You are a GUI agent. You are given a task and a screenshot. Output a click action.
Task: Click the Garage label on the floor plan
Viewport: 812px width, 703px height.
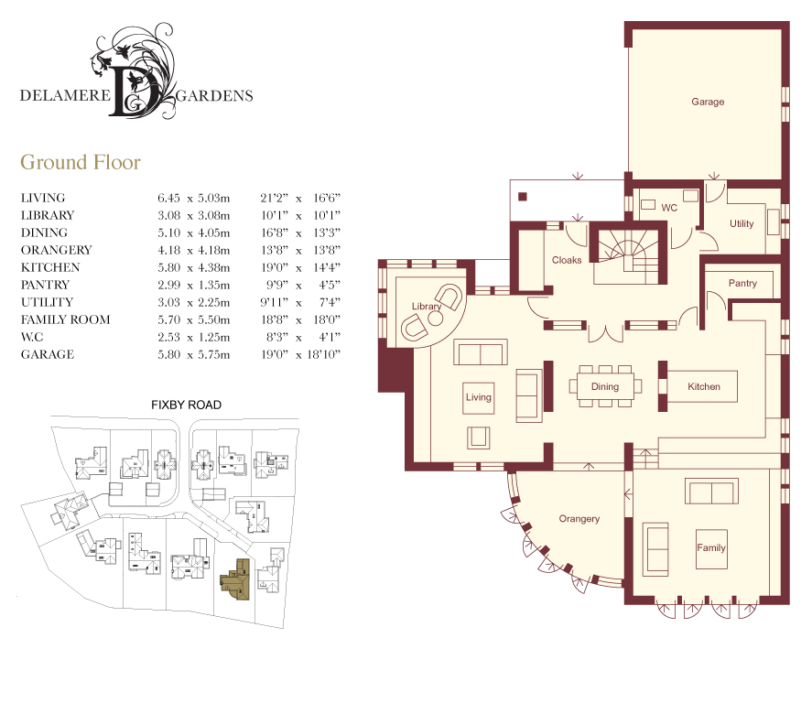[x=708, y=102]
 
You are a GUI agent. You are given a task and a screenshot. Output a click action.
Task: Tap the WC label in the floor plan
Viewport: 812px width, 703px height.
[x=669, y=208]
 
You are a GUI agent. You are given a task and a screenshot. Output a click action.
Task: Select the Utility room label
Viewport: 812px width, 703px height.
[x=742, y=223]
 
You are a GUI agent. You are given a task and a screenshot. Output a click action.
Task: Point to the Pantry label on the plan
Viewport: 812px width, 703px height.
[x=742, y=283]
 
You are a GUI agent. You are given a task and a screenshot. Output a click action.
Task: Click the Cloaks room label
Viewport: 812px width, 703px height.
[x=567, y=260]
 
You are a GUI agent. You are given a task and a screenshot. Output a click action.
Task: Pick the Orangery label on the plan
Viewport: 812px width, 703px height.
[x=579, y=519]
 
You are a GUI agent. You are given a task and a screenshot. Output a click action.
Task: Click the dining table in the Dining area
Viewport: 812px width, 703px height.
[x=605, y=386]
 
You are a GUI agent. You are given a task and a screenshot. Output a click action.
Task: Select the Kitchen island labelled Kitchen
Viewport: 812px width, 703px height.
[x=702, y=386]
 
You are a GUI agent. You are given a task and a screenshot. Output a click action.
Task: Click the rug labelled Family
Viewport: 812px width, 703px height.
[x=711, y=548]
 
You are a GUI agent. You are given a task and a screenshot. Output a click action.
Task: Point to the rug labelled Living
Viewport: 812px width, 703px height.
[x=479, y=397]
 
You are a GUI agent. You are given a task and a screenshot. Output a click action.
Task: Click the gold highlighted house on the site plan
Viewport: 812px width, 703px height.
[x=235, y=579]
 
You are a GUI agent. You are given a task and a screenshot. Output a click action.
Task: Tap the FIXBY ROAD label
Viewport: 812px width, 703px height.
[x=187, y=405]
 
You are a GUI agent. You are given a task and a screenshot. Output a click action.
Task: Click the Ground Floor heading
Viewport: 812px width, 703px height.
[x=81, y=162]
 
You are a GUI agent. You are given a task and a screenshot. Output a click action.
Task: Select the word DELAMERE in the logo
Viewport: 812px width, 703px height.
[x=65, y=95]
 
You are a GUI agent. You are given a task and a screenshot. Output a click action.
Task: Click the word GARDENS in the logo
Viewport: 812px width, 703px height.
[x=214, y=96]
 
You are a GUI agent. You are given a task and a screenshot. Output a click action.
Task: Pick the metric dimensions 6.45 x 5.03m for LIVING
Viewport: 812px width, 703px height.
[x=194, y=198]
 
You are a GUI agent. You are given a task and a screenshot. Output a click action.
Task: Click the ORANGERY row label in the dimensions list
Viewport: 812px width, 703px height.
[x=57, y=250]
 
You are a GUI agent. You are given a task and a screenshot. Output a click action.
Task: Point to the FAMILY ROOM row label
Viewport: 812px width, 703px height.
[x=65, y=319]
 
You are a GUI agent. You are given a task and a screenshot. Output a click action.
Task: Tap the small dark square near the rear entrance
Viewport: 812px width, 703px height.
[x=523, y=197]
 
